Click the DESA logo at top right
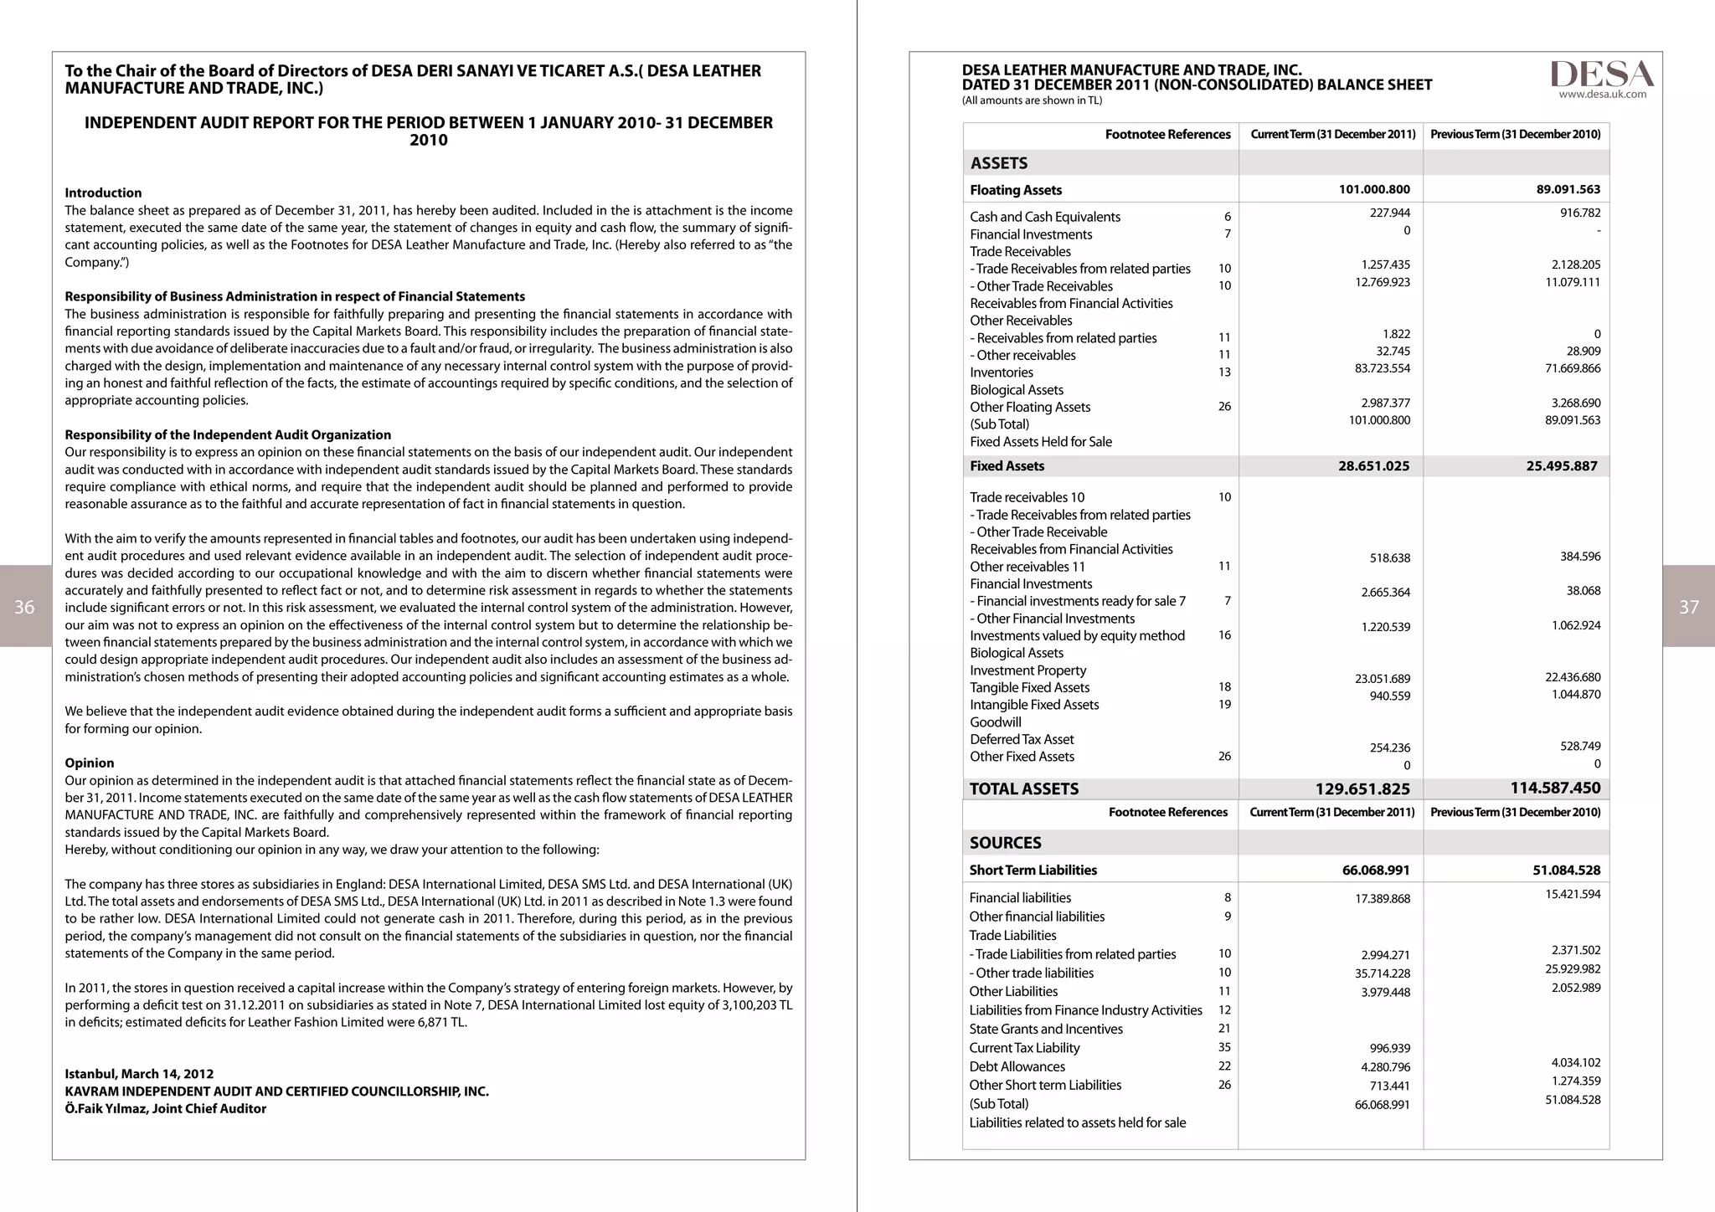pos(1601,74)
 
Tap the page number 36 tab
pos(25,607)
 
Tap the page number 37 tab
pos(1689,607)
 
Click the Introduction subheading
pos(103,193)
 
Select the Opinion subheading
pos(89,763)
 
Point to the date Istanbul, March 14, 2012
pos(139,1074)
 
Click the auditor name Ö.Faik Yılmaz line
pos(165,1108)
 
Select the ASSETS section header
pos(998,163)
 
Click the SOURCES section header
pos(1005,843)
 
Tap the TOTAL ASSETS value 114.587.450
pos(1555,788)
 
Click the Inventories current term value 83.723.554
pos(1382,368)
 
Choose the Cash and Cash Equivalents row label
pos(1044,217)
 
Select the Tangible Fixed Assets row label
pos(1029,687)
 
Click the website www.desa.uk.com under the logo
pos(1602,95)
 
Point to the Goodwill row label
pos(995,722)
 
